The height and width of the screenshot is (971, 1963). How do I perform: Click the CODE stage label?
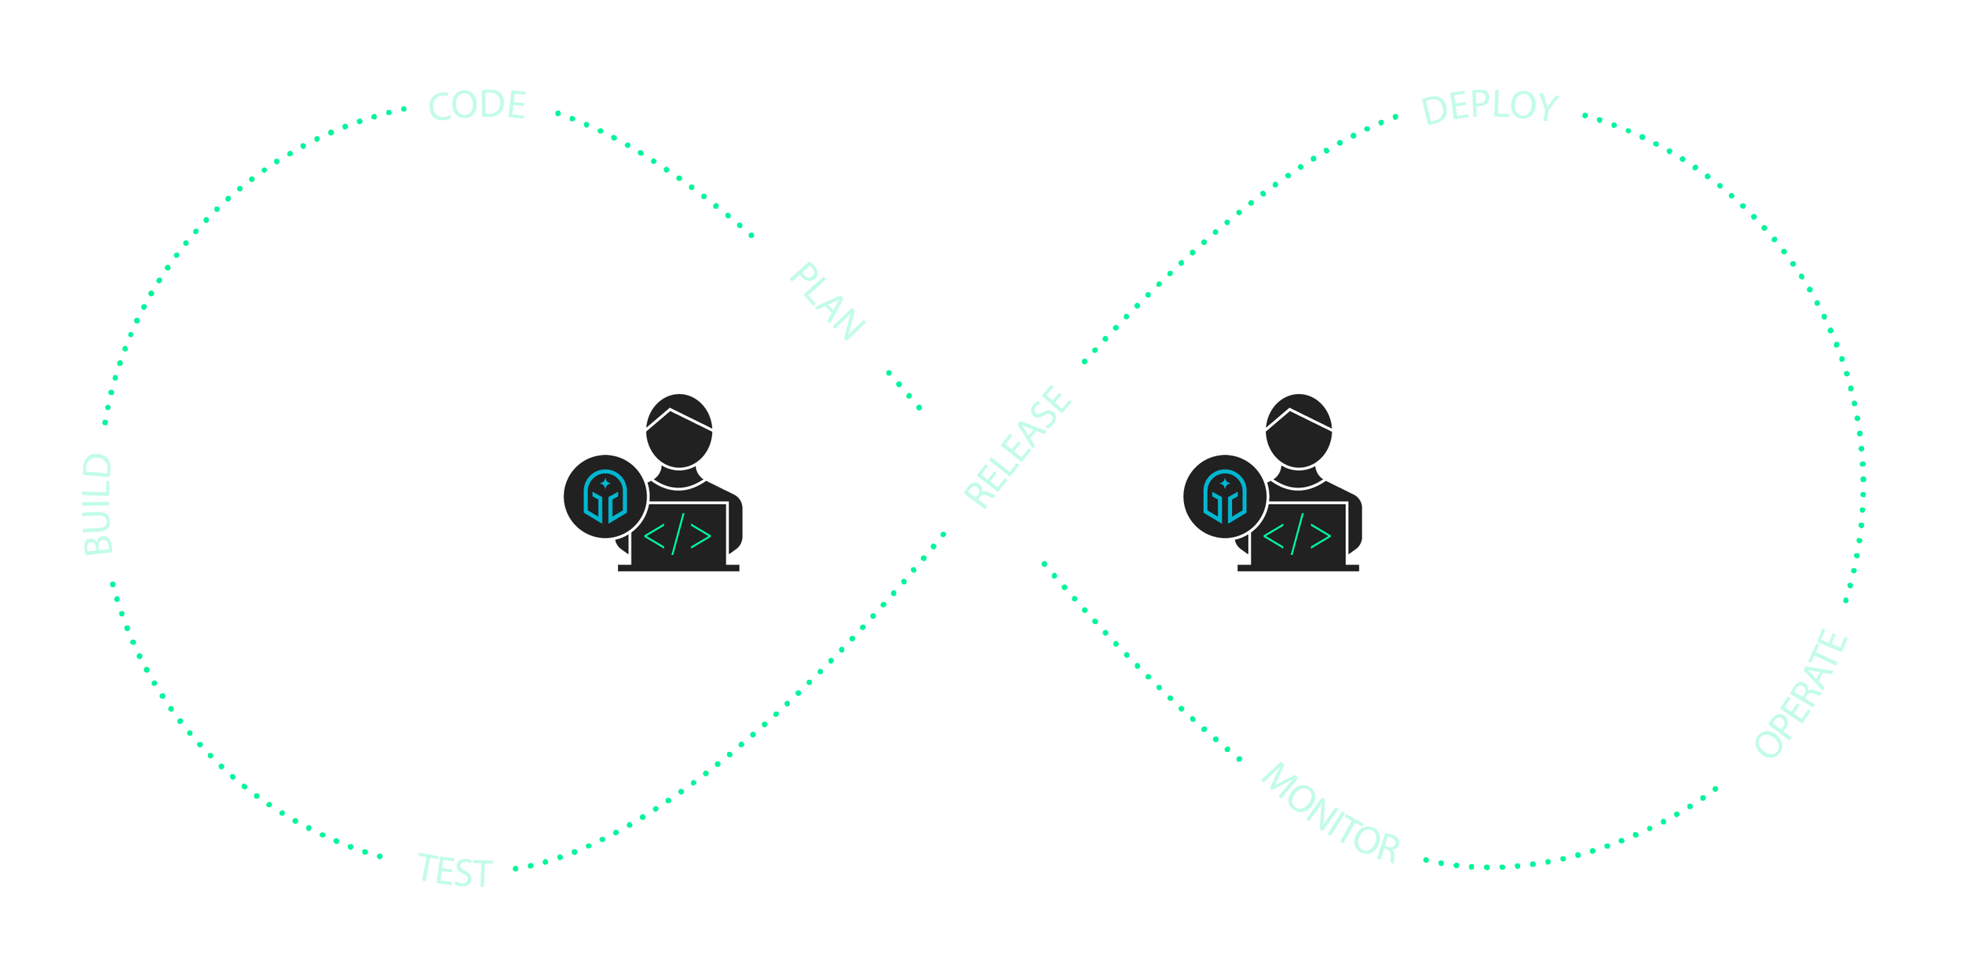(477, 106)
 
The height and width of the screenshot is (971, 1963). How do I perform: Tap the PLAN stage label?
(827, 302)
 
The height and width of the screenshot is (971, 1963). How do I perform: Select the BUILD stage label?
(99, 505)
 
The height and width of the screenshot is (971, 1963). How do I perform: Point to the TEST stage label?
(455, 871)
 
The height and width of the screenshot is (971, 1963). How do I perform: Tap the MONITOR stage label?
(1331, 812)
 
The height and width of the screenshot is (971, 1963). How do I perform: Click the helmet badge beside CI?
(605, 497)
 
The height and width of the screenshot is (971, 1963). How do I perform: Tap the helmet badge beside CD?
(1223, 497)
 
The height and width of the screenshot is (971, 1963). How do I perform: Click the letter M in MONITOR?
(1279, 782)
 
